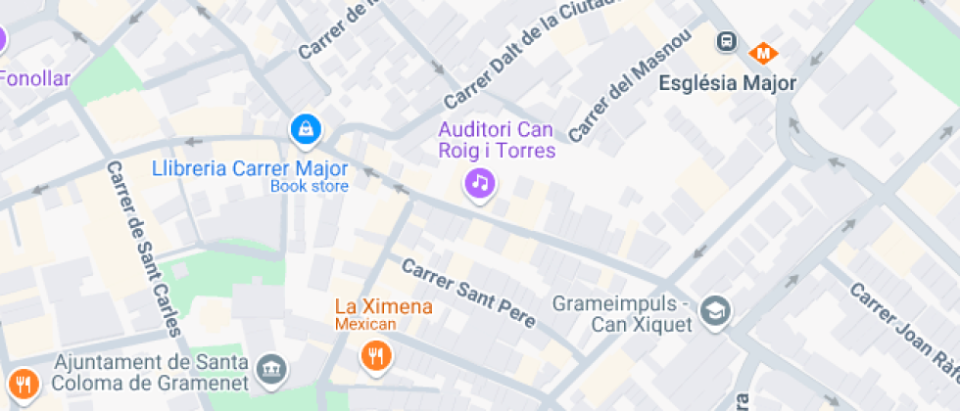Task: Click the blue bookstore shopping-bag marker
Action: coord(307,128)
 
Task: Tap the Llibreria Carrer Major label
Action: coord(250,167)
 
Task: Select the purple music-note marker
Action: coord(479,182)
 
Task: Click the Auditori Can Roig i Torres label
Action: coord(497,140)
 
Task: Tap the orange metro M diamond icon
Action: coord(760,52)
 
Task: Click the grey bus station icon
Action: coord(727,41)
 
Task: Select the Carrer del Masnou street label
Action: coord(629,85)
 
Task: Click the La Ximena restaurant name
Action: coord(383,306)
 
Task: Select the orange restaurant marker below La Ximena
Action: coord(375,354)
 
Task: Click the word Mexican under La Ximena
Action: coord(365,324)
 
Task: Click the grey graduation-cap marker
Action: coord(717,311)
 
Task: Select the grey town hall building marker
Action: coord(271,369)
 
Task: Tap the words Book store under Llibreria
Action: coord(309,186)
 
